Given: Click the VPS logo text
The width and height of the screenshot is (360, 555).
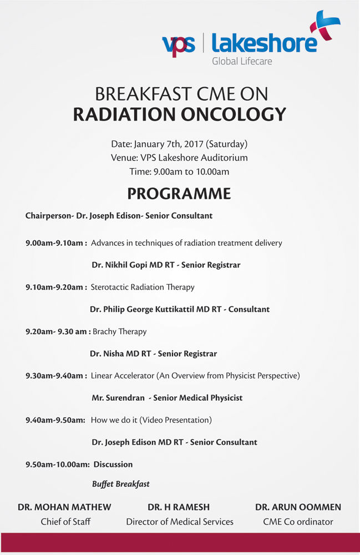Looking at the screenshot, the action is (179, 45).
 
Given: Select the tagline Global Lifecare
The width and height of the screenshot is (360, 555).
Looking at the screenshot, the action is (242, 61).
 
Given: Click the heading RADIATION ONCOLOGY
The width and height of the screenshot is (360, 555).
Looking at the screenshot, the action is (179, 114).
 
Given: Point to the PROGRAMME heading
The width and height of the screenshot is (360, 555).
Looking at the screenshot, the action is (179, 194).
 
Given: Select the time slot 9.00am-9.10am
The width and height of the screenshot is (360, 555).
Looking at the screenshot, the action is (56, 243).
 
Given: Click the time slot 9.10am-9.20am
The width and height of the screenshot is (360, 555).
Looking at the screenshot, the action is (56, 287).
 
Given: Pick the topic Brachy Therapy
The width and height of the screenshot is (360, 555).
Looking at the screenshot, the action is (119, 332).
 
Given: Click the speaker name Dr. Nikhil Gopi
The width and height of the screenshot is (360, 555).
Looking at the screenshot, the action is (119, 265).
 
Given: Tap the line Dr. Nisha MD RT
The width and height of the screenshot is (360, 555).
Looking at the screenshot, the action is (120, 354).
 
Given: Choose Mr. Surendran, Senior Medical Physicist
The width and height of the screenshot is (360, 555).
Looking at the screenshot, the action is (167, 398).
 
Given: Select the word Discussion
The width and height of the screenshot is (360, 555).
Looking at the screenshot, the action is (113, 465).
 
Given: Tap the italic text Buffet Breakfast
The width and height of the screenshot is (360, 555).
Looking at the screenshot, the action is (121, 484).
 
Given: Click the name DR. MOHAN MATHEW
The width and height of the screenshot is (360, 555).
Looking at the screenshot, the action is (64, 507).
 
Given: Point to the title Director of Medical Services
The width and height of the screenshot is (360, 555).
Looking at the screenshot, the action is (180, 522).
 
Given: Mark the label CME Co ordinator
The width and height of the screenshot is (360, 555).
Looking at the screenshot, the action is (298, 522).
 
